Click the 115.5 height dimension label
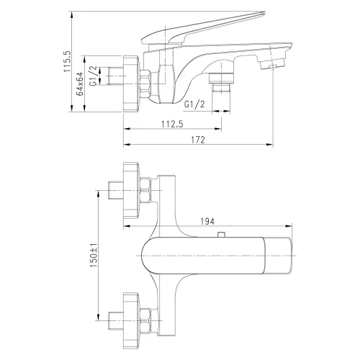click(66, 63)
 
